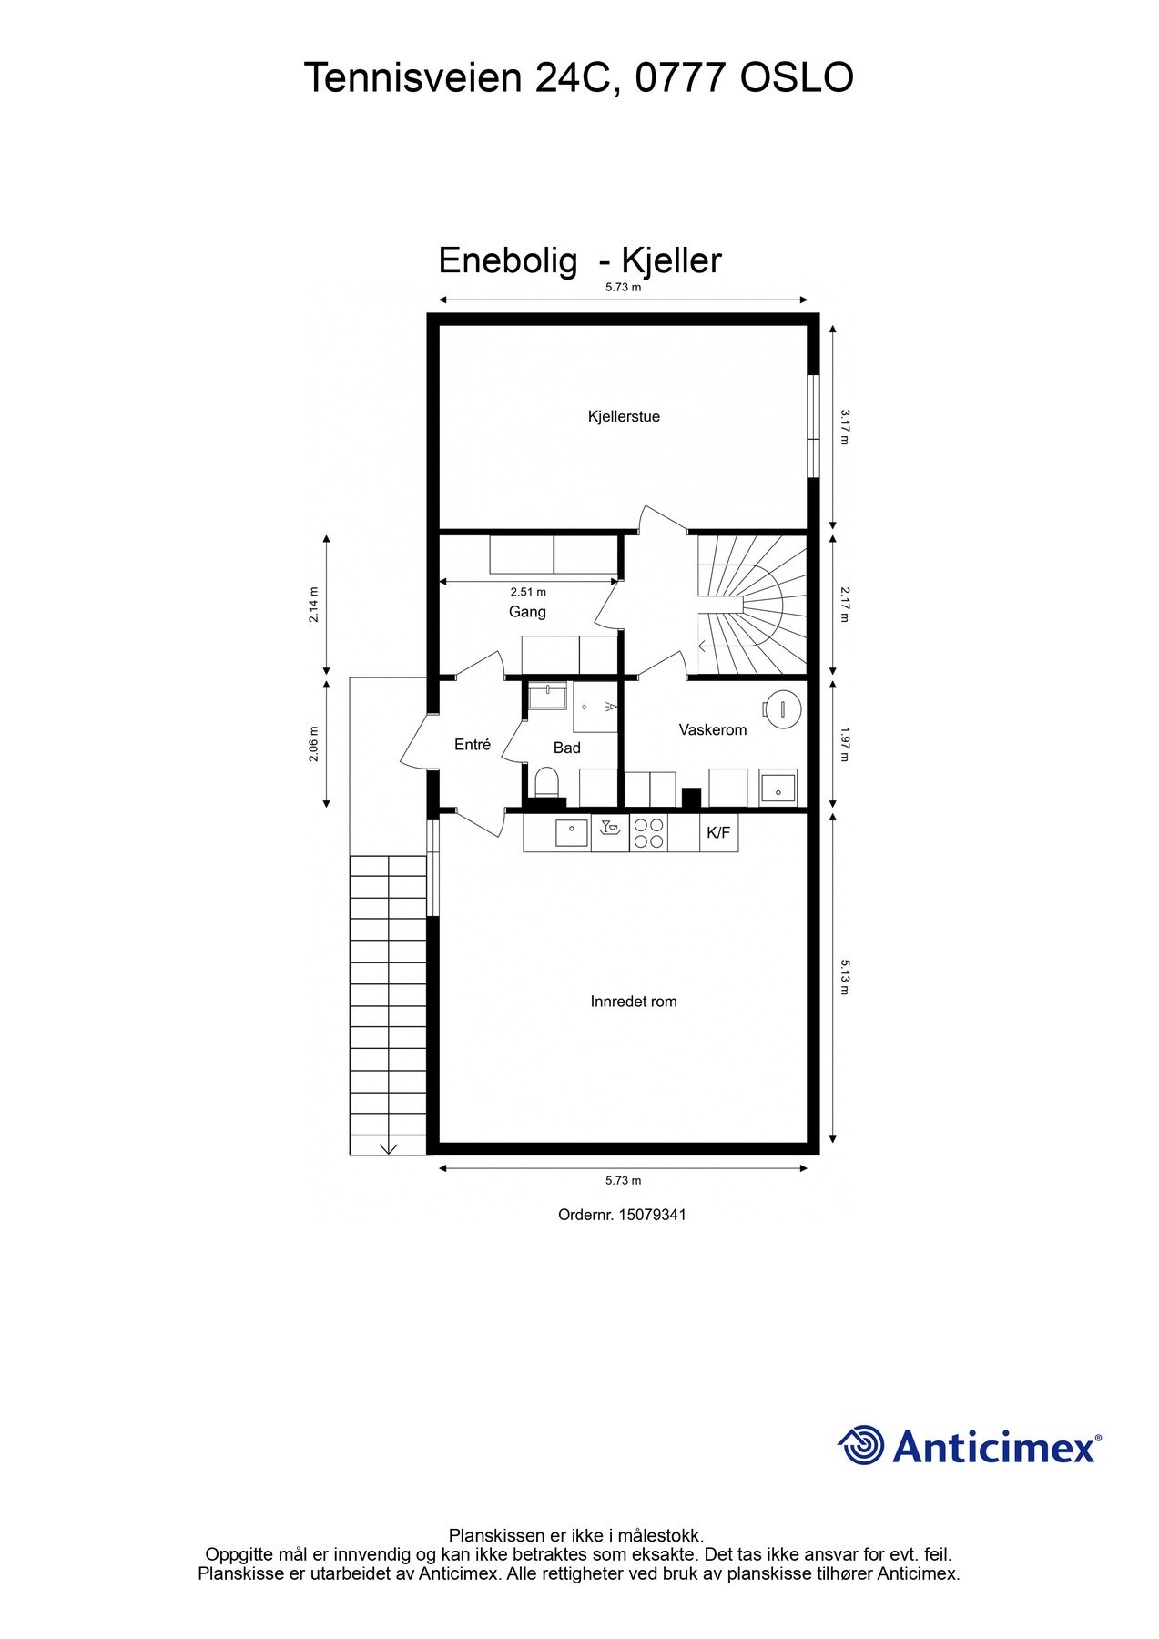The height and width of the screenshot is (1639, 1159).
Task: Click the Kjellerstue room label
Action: pos(624,417)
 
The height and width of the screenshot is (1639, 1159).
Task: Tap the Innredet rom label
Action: pos(634,1002)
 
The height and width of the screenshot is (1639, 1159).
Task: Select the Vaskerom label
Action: pos(713,730)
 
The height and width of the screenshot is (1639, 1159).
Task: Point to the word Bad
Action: pos(567,748)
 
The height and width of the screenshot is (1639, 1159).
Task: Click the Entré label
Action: pos(473,745)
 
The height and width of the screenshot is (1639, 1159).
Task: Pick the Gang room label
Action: pos(527,612)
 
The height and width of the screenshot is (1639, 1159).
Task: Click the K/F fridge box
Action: pos(718,832)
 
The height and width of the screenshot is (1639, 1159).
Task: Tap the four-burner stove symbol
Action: pos(648,833)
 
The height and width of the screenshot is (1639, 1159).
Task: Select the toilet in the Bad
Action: pos(546,782)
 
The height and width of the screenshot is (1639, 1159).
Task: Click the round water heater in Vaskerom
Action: pos(782,708)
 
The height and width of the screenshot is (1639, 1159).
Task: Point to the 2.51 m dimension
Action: pos(528,592)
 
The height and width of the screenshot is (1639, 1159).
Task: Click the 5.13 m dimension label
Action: pos(845,976)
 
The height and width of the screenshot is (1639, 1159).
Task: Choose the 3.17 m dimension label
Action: pos(845,426)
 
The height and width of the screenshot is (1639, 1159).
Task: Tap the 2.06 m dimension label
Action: pos(314,744)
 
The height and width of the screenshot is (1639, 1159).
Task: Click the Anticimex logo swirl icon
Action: pos(861,1445)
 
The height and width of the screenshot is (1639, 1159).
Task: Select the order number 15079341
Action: pos(652,1215)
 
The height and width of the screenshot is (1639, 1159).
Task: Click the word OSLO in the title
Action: pos(797,78)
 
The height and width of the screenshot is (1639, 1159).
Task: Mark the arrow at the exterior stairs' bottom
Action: pos(389,1147)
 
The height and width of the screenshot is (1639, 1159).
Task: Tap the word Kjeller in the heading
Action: pos(671,261)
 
